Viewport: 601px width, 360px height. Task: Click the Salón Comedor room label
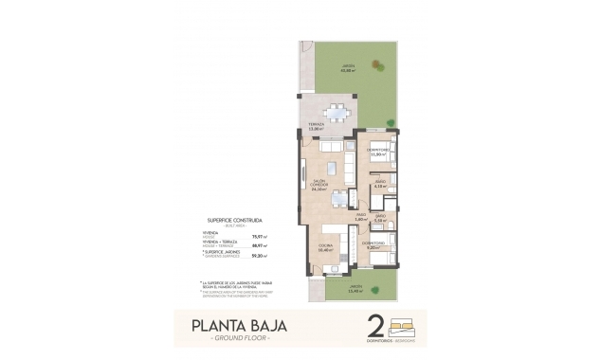tap(319, 186)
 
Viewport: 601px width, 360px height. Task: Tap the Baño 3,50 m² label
tap(379, 219)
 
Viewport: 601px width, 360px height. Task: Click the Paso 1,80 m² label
tap(360, 218)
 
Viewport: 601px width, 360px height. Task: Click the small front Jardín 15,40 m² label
tap(354, 289)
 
